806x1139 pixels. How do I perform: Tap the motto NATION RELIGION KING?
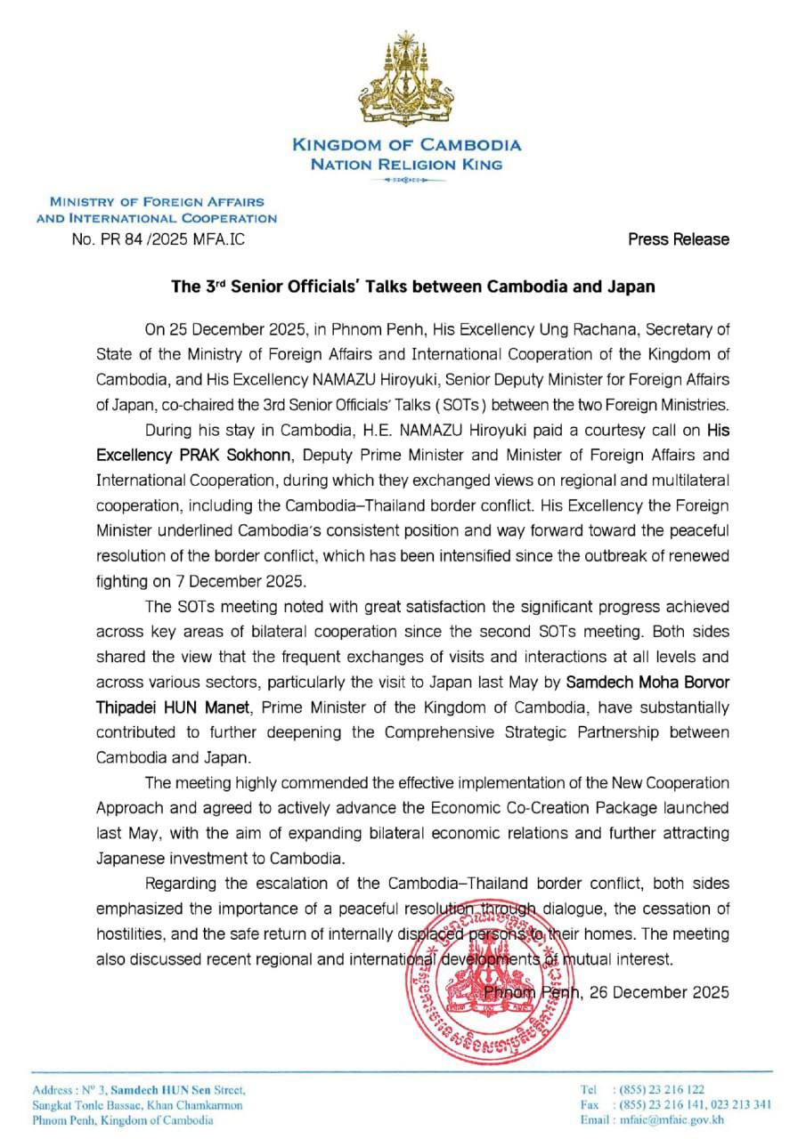click(406, 165)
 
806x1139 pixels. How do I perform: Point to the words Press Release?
click(678, 238)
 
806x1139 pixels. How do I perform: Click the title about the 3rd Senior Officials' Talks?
click(413, 287)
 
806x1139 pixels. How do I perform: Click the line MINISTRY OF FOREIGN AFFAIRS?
click(157, 202)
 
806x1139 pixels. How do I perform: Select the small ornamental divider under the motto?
click(406, 181)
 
